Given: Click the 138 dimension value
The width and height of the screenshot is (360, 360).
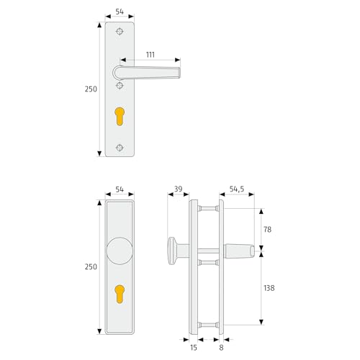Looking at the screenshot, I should pyautogui.click(x=269, y=288).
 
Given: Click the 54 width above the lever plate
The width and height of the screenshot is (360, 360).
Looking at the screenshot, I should pyautogui.click(x=120, y=13).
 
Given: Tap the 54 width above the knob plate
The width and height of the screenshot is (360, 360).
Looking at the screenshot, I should pyautogui.click(x=120, y=189).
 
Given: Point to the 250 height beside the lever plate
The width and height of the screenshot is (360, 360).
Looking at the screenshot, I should pyautogui.click(x=90, y=89).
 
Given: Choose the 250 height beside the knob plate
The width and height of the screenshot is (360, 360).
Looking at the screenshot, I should pyautogui.click(x=90, y=266).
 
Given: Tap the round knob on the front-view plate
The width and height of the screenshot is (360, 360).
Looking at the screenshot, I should pyautogui.click(x=120, y=253).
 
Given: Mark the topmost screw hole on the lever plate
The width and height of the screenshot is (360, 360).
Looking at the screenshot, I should pyautogui.click(x=120, y=31).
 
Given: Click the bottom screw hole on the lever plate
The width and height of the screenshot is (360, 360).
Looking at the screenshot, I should pyautogui.click(x=120, y=148).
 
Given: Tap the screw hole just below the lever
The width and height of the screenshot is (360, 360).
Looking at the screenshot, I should pyautogui.click(x=120, y=86).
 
